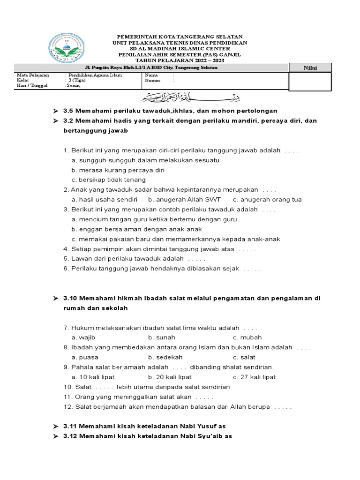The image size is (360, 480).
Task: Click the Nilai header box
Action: tap(309, 68)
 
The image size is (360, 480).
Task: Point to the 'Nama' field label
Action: tap(151, 75)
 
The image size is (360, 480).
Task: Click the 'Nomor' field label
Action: tap(153, 80)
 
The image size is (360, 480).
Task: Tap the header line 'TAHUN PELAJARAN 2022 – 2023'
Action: tap(180, 61)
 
